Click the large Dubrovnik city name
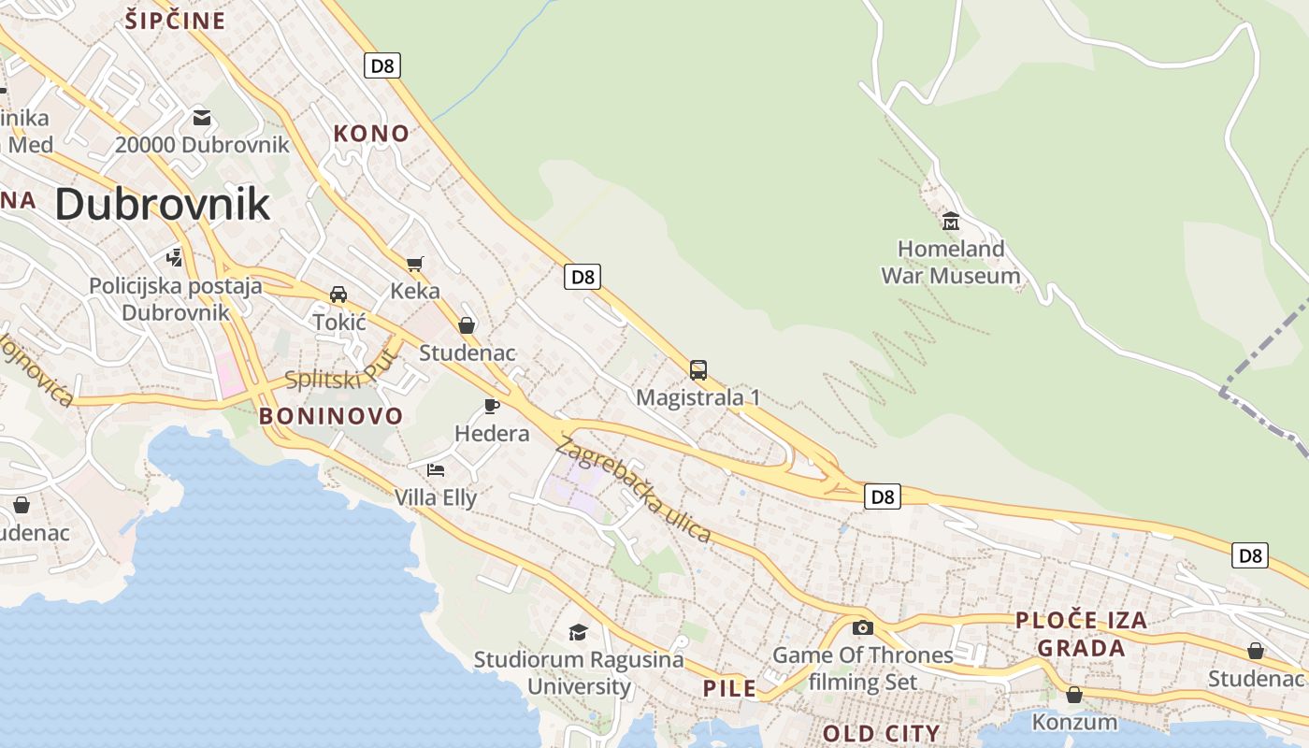[x=163, y=204]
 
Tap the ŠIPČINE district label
[x=176, y=21]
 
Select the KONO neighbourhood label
[x=371, y=134]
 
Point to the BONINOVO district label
[x=331, y=416]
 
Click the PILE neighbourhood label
[x=729, y=689]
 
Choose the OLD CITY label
[x=881, y=733]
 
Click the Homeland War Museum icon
[x=951, y=222]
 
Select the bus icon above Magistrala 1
[x=698, y=369]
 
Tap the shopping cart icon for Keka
[x=414, y=264]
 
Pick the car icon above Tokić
[x=338, y=295]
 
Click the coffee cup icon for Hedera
[x=491, y=406]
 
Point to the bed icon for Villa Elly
[x=435, y=469]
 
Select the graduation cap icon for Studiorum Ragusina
[x=578, y=632]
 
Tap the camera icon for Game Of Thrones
[x=862, y=627]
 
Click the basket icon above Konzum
[x=1073, y=695]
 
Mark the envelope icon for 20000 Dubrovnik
[x=202, y=118]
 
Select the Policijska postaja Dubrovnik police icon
[x=174, y=256]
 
